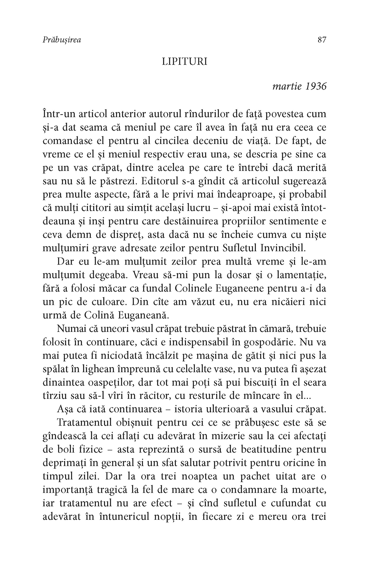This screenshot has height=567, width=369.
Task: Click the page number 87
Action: point(322,40)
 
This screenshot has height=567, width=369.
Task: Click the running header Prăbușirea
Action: point(62,40)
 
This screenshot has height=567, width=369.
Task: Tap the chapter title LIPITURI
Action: point(185,62)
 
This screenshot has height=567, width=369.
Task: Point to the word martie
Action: point(287,87)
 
